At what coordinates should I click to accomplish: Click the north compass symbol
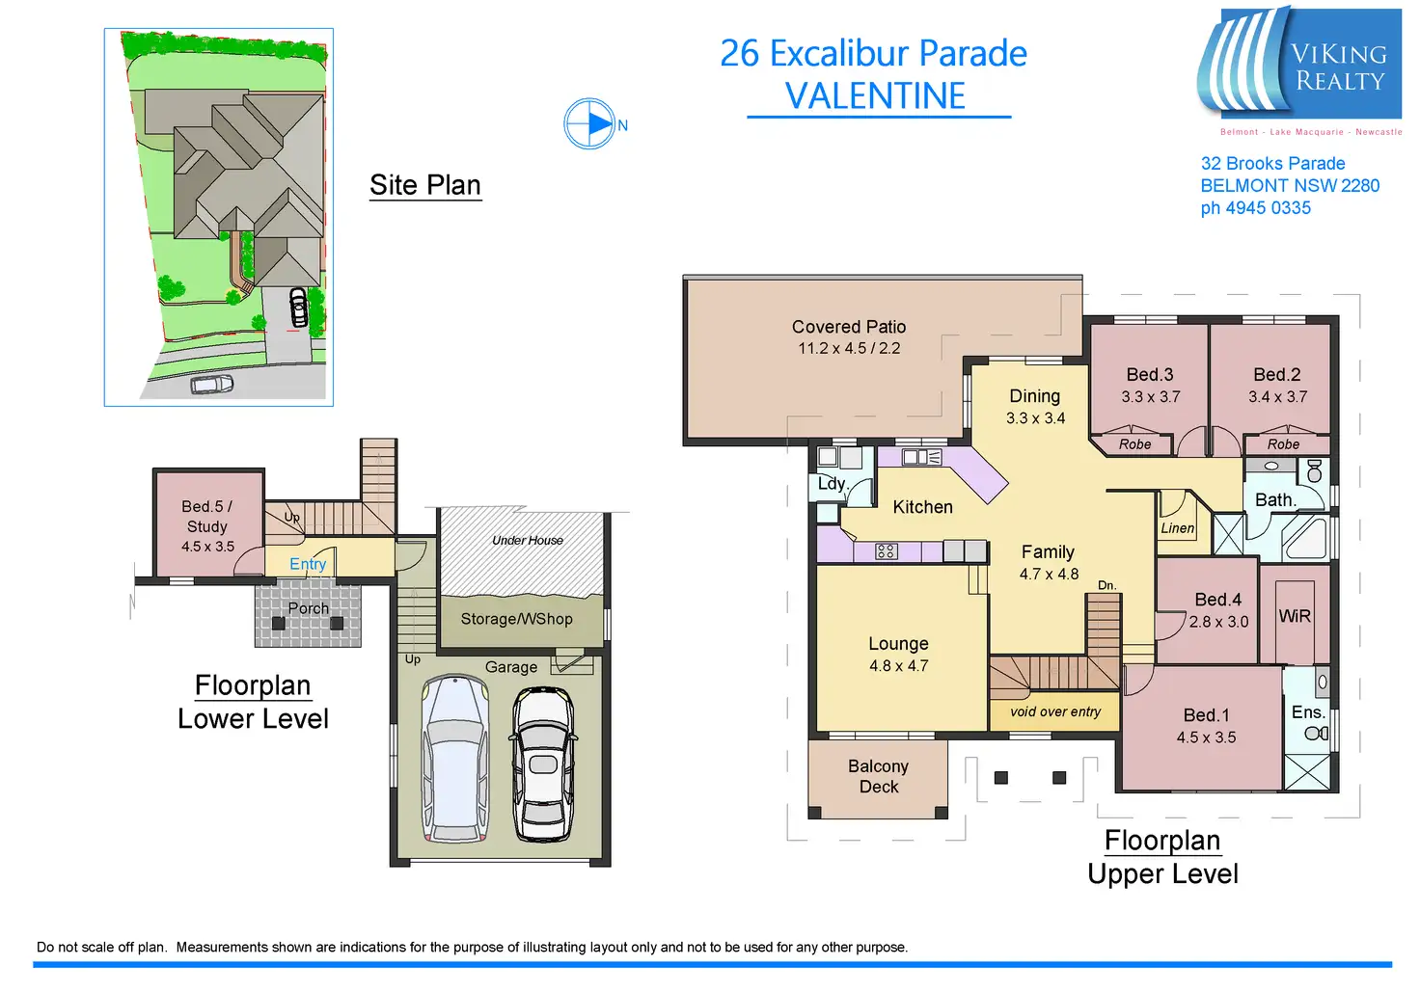[x=589, y=124]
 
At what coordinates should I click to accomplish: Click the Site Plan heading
[x=425, y=185]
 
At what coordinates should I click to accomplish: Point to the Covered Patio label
[x=849, y=327]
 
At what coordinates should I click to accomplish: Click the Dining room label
[x=1034, y=396]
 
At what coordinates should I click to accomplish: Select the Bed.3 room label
[x=1150, y=375]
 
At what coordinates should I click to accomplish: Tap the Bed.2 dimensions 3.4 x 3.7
[x=1277, y=396]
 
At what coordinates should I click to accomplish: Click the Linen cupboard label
[x=1177, y=528]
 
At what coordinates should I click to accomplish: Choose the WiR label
[x=1295, y=616]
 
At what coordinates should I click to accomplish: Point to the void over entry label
[x=1055, y=711]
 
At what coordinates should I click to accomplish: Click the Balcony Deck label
[x=878, y=776]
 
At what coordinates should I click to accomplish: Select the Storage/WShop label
[x=516, y=619]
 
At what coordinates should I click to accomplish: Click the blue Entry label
[x=308, y=564]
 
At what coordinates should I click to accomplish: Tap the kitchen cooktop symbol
[x=886, y=551]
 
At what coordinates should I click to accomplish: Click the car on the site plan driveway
[x=299, y=307]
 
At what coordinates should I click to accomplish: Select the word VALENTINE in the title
[x=875, y=96]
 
